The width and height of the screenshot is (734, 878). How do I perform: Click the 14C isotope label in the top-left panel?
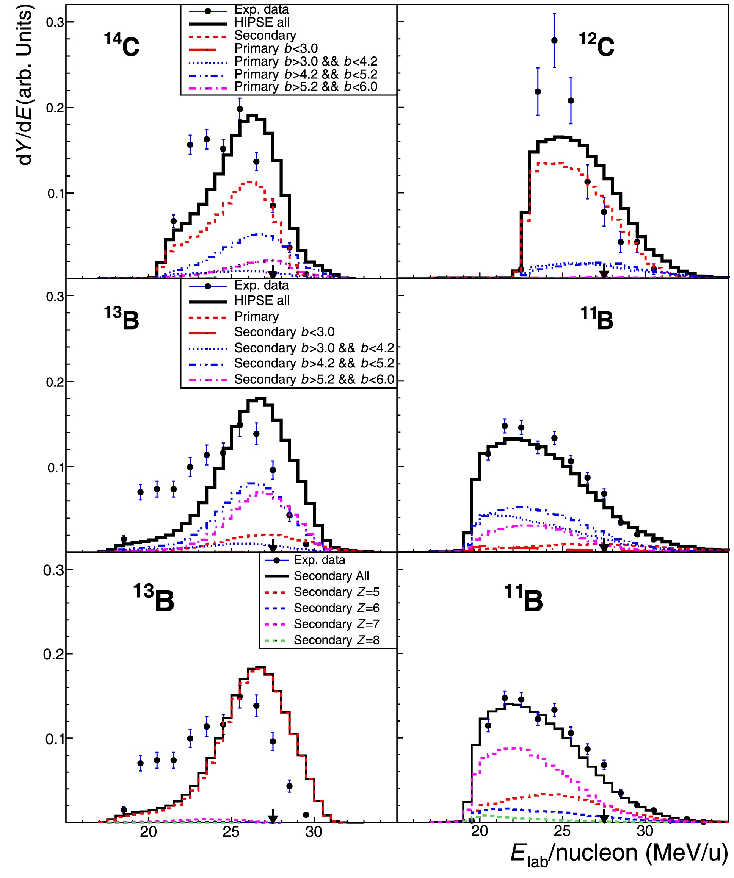click(x=121, y=45)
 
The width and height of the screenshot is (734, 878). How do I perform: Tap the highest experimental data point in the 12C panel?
click(x=554, y=41)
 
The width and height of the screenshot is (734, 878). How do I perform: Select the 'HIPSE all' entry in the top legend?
click(x=262, y=23)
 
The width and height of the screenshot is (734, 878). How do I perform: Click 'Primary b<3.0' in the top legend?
click(x=276, y=49)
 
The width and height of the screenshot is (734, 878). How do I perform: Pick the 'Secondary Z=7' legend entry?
click(x=336, y=624)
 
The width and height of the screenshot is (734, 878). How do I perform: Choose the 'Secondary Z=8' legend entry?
click(x=336, y=640)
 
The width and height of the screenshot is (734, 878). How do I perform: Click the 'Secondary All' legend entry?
click(x=331, y=576)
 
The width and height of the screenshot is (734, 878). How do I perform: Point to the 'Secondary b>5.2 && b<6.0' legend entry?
click(x=314, y=379)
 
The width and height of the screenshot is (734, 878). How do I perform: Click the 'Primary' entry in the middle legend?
click(x=256, y=317)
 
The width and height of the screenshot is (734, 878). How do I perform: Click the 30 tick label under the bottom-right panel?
click(x=645, y=831)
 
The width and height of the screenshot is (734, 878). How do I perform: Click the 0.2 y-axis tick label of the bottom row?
click(x=53, y=654)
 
